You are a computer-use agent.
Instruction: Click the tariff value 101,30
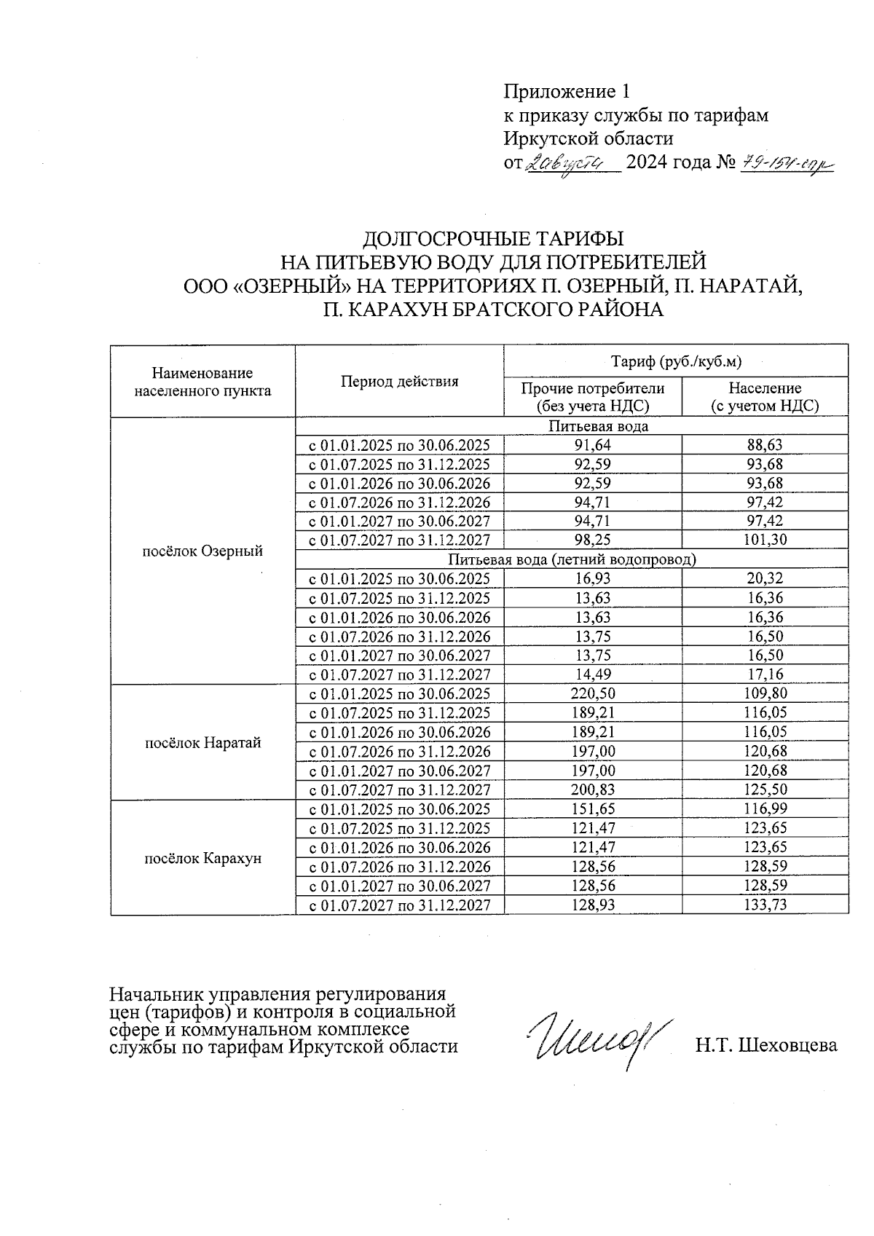tap(765, 540)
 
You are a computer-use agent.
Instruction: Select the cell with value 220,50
tap(593, 693)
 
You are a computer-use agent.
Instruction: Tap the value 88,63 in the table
tap(765, 444)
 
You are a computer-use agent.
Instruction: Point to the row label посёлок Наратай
tap(202, 743)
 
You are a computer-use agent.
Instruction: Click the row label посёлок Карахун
tap(202, 858)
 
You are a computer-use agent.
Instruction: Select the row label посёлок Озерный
tap(202, 551)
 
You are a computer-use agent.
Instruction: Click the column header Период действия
tap(399, 381)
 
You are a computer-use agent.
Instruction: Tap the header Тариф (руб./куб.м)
tap(676, 360)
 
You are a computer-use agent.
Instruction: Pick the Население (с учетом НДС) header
tap(765, 397)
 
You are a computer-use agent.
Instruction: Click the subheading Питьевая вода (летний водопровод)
tap(572, 559)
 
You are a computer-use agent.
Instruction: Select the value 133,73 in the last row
tap(765, 905)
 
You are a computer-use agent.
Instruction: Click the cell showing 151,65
tap(593, 808)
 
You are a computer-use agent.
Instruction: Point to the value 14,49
tap(593, 674)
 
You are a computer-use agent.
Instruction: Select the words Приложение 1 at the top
tap(566, 92)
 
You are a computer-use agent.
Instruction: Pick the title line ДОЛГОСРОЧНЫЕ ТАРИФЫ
tap(493, 239)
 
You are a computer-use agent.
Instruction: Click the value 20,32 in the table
tap(765, 578)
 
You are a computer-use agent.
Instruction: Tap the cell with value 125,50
tap(765, 790)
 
